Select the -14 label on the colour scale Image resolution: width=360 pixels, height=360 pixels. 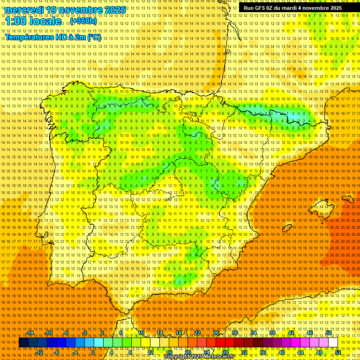pyautogui.click(x=30, y=333)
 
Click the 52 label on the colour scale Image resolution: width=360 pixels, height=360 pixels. pyautogui.click(x=338, y=352)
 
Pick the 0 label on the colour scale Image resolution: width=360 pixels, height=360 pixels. pyautogui.click(x=93, y=352)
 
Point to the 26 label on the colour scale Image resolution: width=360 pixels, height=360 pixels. pyautogui.click(x=216, y=333)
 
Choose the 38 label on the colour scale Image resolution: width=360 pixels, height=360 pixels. pyautogui.click(x=272, y=333)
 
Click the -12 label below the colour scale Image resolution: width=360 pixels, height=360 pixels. pyautogui.click(x=39, y=352)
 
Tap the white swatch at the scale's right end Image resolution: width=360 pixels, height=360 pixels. pyautogui.click(x=333, y=343)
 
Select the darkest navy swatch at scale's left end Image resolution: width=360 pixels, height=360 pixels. pyautogui.click(x=23, y=343)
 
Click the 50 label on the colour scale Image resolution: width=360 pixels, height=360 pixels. pyautogui.click(x=329, y=333)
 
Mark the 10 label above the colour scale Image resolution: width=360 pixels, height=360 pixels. pyautogui.click(x=141, y=333)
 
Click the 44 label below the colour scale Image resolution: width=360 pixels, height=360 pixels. pyautogui.click(x=300, y=352)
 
